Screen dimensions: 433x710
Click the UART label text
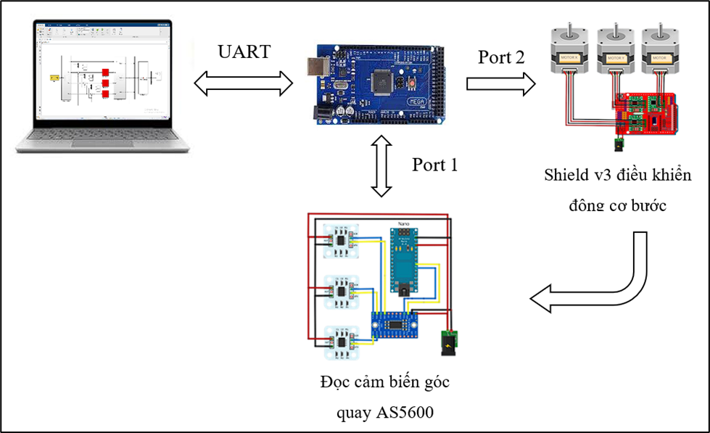coord(244,52)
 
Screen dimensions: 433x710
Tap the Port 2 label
coord(500,57)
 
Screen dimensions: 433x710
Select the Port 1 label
coord(435,165)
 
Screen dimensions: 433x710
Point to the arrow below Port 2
coord(500,83)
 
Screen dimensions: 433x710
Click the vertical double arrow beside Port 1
coord(381,165)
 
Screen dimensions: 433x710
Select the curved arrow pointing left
coord(602,279)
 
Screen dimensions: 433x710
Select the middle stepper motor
coord(616,50)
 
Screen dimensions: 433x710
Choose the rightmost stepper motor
coord(659,50)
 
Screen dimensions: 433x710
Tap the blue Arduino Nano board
coord(404,262)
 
